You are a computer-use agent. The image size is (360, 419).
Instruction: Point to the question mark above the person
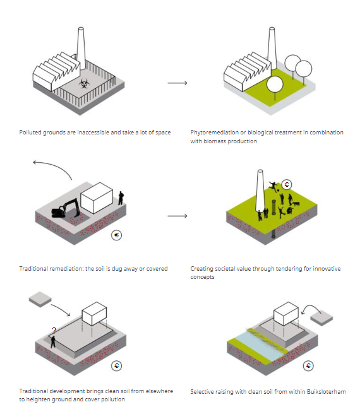tap(54, 329)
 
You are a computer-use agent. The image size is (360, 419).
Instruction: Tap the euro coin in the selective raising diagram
tap(308, 365)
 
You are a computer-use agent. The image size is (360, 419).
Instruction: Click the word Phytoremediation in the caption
tap(212, 133)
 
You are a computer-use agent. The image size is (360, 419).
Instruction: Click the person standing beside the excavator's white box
tap(121, 198)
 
